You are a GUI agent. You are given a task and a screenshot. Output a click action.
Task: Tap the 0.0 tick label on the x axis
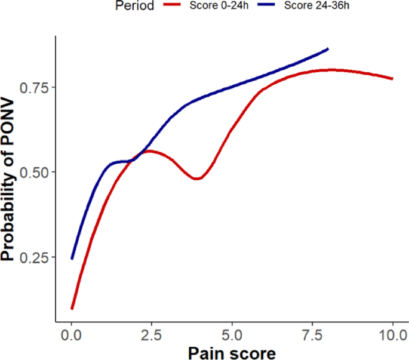point(72,333)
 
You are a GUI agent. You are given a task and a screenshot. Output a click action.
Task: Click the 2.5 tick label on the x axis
point(152,333)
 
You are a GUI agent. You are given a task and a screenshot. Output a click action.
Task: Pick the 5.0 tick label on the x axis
point(232,333)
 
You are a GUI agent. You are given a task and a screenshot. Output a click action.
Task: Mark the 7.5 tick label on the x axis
point(312,333)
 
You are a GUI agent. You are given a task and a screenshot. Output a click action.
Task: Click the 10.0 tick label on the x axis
point(392,333)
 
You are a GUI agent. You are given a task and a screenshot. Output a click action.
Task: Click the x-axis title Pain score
point(232,352)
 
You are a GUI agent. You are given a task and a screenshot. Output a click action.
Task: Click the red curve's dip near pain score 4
point(198,179)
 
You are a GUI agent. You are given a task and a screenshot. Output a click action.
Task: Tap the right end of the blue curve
point(328,49)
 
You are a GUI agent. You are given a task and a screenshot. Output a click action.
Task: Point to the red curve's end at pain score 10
point(392,79)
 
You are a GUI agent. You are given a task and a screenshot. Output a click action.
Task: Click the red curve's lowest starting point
point(72,309)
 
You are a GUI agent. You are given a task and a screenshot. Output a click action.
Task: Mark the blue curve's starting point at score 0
point(72,259)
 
